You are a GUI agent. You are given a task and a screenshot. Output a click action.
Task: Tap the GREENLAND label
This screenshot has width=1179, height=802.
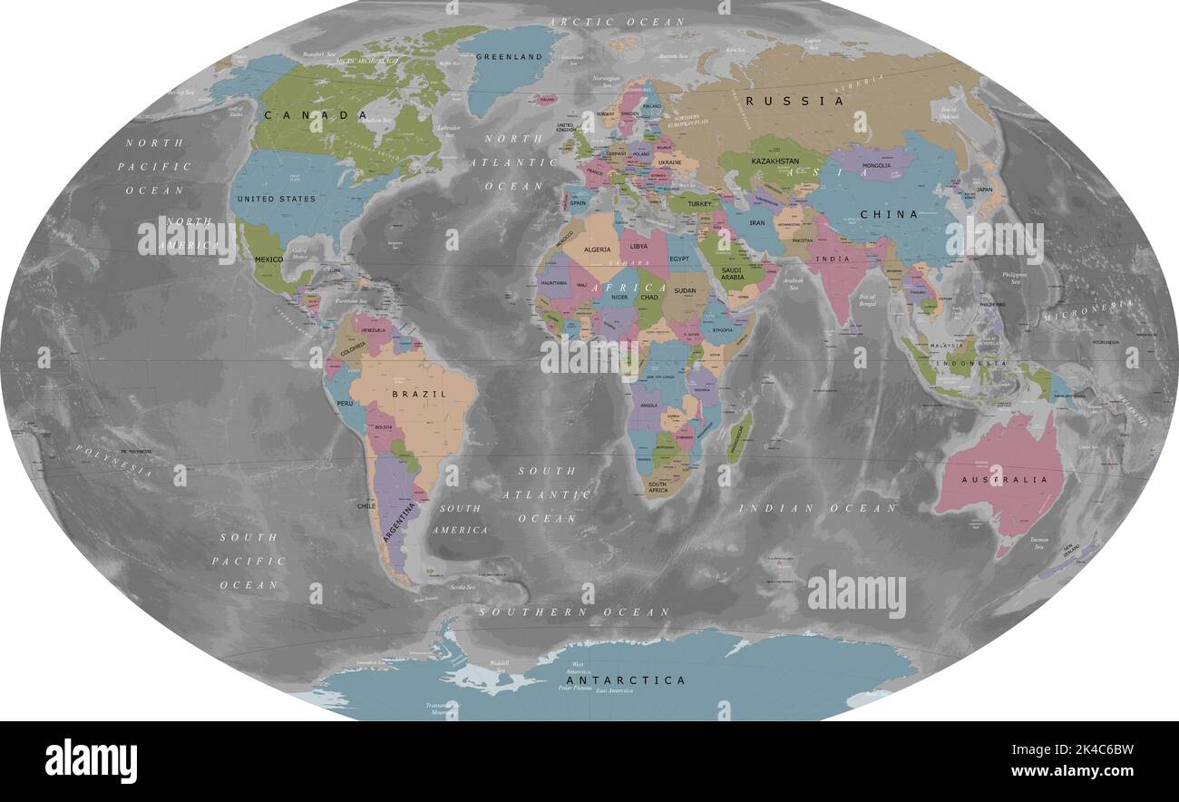click(509, 56)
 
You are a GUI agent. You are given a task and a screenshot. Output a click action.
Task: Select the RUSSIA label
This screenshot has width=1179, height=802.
click(794, 101)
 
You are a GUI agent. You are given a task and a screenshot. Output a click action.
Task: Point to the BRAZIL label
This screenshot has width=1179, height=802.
click(419, 394)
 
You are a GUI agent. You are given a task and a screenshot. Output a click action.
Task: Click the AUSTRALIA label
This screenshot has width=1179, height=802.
click(999, 479)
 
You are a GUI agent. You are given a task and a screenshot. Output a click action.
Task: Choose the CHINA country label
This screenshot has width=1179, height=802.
click(889, 215)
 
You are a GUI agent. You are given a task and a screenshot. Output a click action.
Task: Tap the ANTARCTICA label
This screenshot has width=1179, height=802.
click(626, 680)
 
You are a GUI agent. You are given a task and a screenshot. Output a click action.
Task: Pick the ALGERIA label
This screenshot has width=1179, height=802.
click(598, 249)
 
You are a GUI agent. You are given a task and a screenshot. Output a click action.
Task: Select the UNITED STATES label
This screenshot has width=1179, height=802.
click(276, 199)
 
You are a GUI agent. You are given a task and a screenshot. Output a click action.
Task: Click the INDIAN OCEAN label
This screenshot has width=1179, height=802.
click(817, 508)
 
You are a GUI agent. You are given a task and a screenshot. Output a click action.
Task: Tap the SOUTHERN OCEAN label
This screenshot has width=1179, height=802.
click(574, 612)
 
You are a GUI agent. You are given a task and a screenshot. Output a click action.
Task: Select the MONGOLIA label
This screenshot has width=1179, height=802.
click(881, 166)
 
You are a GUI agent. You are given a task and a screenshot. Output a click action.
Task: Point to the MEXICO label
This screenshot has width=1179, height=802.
click(268, 259)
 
